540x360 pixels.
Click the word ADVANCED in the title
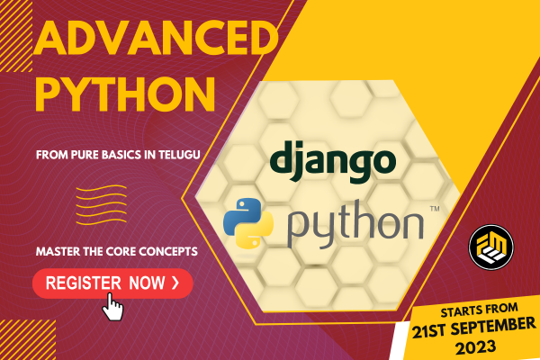(x=156, y=38)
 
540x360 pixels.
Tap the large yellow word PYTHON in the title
(x=126, y=94)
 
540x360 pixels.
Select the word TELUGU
(x=179, y=154)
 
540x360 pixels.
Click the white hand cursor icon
(x=113, y=307)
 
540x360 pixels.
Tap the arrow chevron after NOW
(x=175, y=283)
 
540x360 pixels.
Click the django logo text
(x=333, y=161)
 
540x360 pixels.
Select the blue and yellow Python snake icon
(x=248, y=223)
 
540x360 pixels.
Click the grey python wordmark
(x=355, y=224)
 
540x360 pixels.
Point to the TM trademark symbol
(x=435, y=209)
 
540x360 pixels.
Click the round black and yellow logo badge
(x=491, y=247)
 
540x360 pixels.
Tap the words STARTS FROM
(x=479, y=310)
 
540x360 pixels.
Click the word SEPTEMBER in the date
(x=493, y=327)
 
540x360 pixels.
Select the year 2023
(x=475, y=347)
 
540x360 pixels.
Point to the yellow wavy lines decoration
(x=101, y=205)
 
